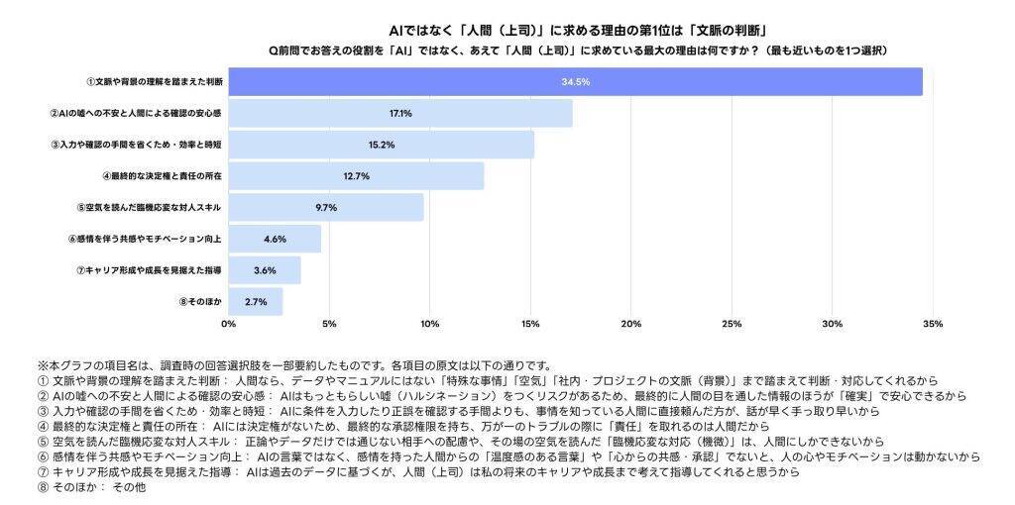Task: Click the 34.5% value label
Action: pos(575,82)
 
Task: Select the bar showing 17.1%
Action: pos(400,114)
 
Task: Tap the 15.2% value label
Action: pos(382,145)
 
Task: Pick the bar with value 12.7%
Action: pos(356,176)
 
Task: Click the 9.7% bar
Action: pos(326,208)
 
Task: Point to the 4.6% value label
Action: pos(275,239)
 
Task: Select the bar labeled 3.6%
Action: pos(265,270)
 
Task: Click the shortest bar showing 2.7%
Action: pos(256,301)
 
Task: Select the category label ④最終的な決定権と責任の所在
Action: pos(162,176)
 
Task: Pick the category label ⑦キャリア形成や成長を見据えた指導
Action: pos(149,270)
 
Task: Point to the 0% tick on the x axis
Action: pos(229,324)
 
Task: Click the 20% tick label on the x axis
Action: pos(630,324)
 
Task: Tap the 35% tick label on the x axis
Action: pos(932,324)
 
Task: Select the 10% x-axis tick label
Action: pos(429,324)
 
